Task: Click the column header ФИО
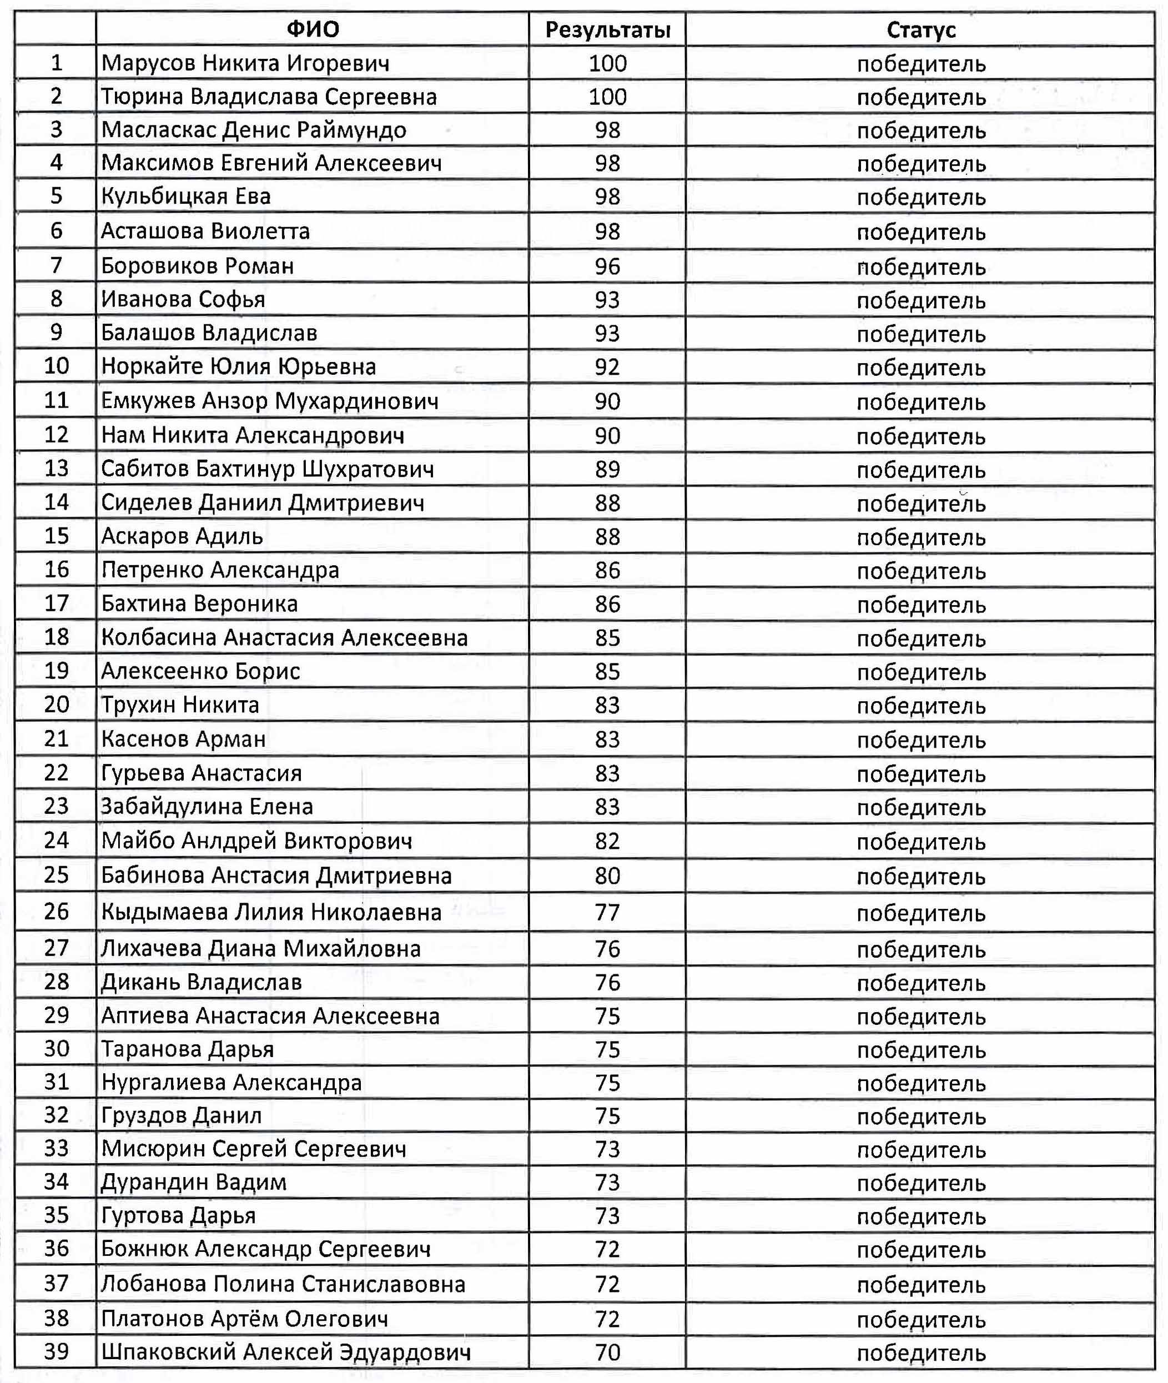pos(313,29)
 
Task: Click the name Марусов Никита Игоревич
pos(245,63)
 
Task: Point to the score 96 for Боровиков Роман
pos(607,266)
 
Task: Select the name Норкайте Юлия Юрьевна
pos(238,366)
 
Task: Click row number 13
pos(56,468)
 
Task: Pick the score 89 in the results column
pos(607,469)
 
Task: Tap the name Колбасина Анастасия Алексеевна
pos(284,637)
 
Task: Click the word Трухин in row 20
pos(137,705)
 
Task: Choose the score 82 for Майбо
pos(607,841)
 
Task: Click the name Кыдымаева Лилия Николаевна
pos(271,912)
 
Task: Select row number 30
pos(56,1049)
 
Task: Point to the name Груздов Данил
pos(182,1115)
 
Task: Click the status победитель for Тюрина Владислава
pos(920,97)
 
